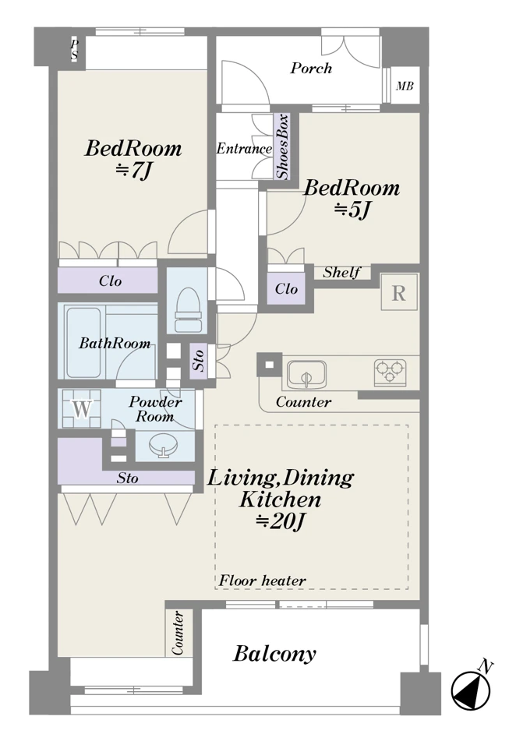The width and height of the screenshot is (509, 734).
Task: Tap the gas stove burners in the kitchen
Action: click(390, 372)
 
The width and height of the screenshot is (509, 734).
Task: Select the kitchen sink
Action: click(306, 374)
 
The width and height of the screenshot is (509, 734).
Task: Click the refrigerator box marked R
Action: click(399, 292)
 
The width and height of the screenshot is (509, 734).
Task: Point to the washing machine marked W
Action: click(82, 408)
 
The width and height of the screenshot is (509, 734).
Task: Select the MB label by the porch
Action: click(405, 86)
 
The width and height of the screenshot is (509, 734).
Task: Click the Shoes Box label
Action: click(282, 146)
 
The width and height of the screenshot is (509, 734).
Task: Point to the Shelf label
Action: click(342, 272)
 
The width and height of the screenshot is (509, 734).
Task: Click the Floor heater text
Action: click(262, 580)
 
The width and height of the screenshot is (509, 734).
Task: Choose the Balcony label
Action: click(275, 654)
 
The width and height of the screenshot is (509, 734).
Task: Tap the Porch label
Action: click(311, 69)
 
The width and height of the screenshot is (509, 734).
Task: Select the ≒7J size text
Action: click(133, 171)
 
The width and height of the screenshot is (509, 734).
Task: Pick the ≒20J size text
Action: click(281, 521)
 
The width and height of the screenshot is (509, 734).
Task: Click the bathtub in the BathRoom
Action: click(83, 341)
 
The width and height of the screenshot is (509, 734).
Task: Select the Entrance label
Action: click(244, 149)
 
